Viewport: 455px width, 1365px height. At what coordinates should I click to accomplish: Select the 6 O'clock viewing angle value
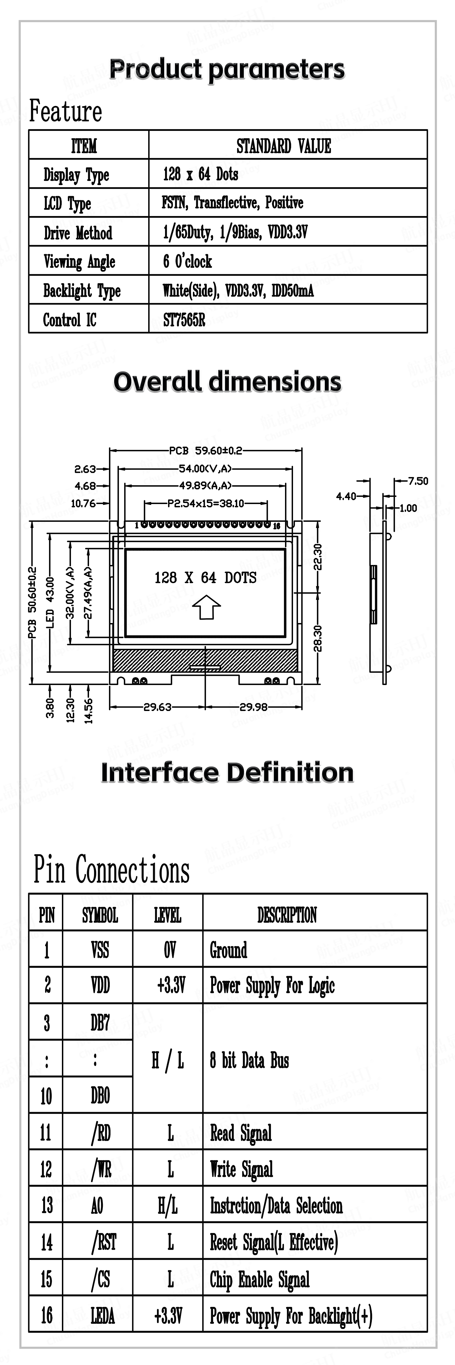click(187, 261)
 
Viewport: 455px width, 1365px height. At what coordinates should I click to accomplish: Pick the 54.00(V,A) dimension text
click(205, 468)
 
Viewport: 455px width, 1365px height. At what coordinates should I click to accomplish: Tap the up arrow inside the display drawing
click(206, 607)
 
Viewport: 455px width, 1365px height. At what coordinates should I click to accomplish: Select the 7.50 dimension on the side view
click(418, 481)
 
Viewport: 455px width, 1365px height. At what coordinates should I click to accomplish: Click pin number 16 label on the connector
click(276, 526)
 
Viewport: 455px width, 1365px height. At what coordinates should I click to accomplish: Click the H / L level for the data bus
click(168, 1060)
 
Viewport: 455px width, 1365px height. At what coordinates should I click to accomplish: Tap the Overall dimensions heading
click(227, 382)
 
